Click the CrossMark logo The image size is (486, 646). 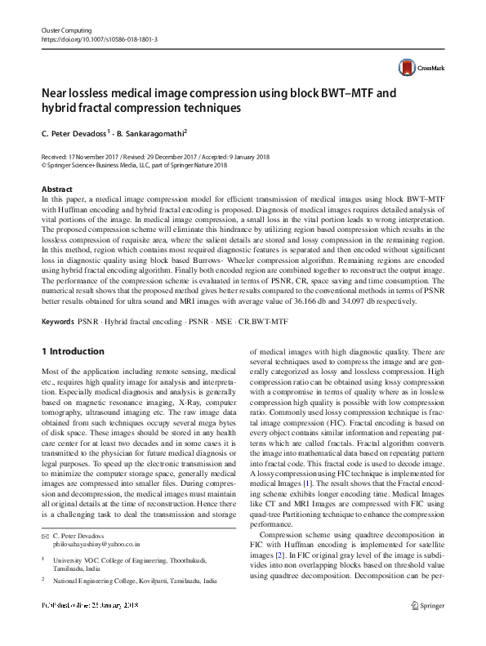tap(417, 68)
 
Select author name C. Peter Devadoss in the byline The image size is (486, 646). tap(74, 132)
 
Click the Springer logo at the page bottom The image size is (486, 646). tap(429, 628)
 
